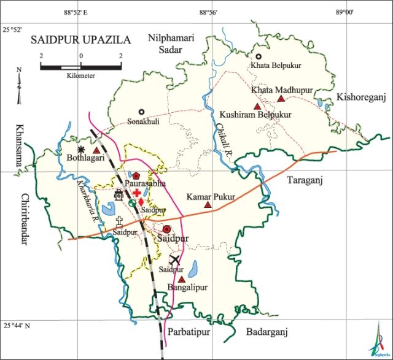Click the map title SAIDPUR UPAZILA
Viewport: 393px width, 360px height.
(x=80, y=40)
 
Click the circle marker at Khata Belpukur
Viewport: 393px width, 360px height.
(x=259, y=56)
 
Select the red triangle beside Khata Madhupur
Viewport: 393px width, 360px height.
(x=281, y=99)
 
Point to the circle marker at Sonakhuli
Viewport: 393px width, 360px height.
(x=141, y=112)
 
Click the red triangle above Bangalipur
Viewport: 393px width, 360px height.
(x=182, y=279)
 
